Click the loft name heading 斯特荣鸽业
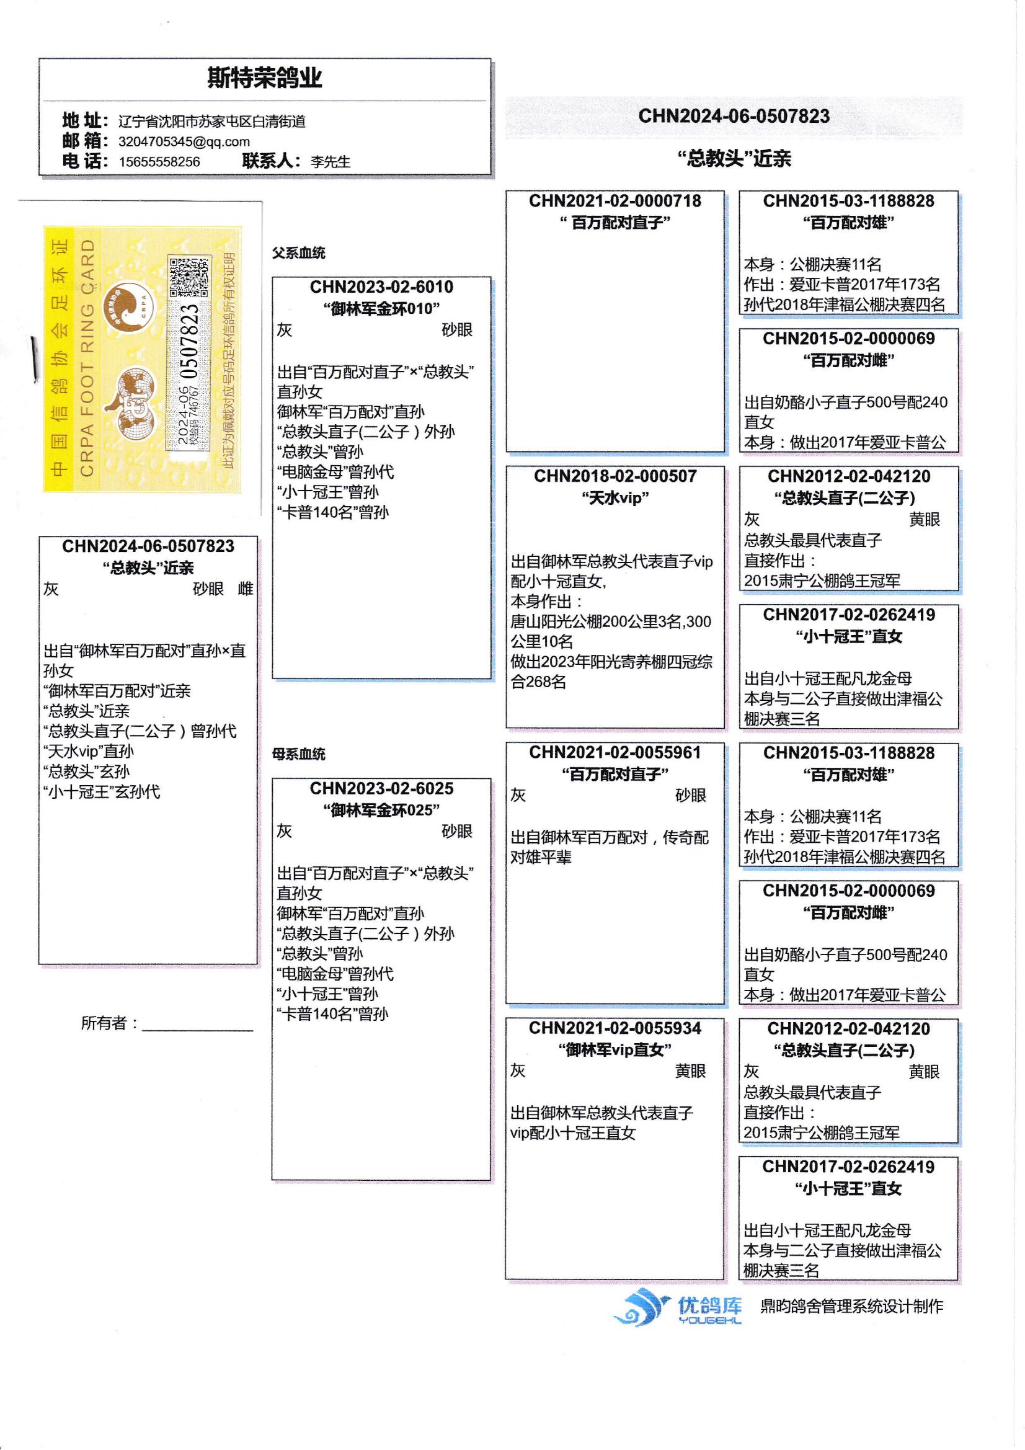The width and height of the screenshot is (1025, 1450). click(265, 78)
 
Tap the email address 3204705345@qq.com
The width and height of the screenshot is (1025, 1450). click(184, 141)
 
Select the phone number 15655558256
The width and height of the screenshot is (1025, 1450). click(159, 162)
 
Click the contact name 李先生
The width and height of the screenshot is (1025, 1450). click(330, 162)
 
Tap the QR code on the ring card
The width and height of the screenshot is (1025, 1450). click(189, 277)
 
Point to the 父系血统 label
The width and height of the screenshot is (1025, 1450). click(299, 252)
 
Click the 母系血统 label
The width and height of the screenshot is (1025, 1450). click(299, 754)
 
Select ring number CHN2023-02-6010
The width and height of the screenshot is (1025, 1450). click(381, 287)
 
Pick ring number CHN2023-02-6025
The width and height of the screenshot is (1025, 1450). click(381, 789)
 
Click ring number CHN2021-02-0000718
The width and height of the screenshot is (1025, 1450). click(615, 201)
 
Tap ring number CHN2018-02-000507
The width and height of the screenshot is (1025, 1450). click(615, 476)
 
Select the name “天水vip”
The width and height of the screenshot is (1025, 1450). click(615, 498)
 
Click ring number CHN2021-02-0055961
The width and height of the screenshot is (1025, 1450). click(615, 752)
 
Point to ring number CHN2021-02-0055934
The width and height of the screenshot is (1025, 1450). click(615, 1028)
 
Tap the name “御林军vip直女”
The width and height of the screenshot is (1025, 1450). click(615, 1049)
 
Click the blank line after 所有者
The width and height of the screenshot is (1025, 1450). click(198, 1031)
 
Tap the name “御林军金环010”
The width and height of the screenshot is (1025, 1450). click(381, 309)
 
